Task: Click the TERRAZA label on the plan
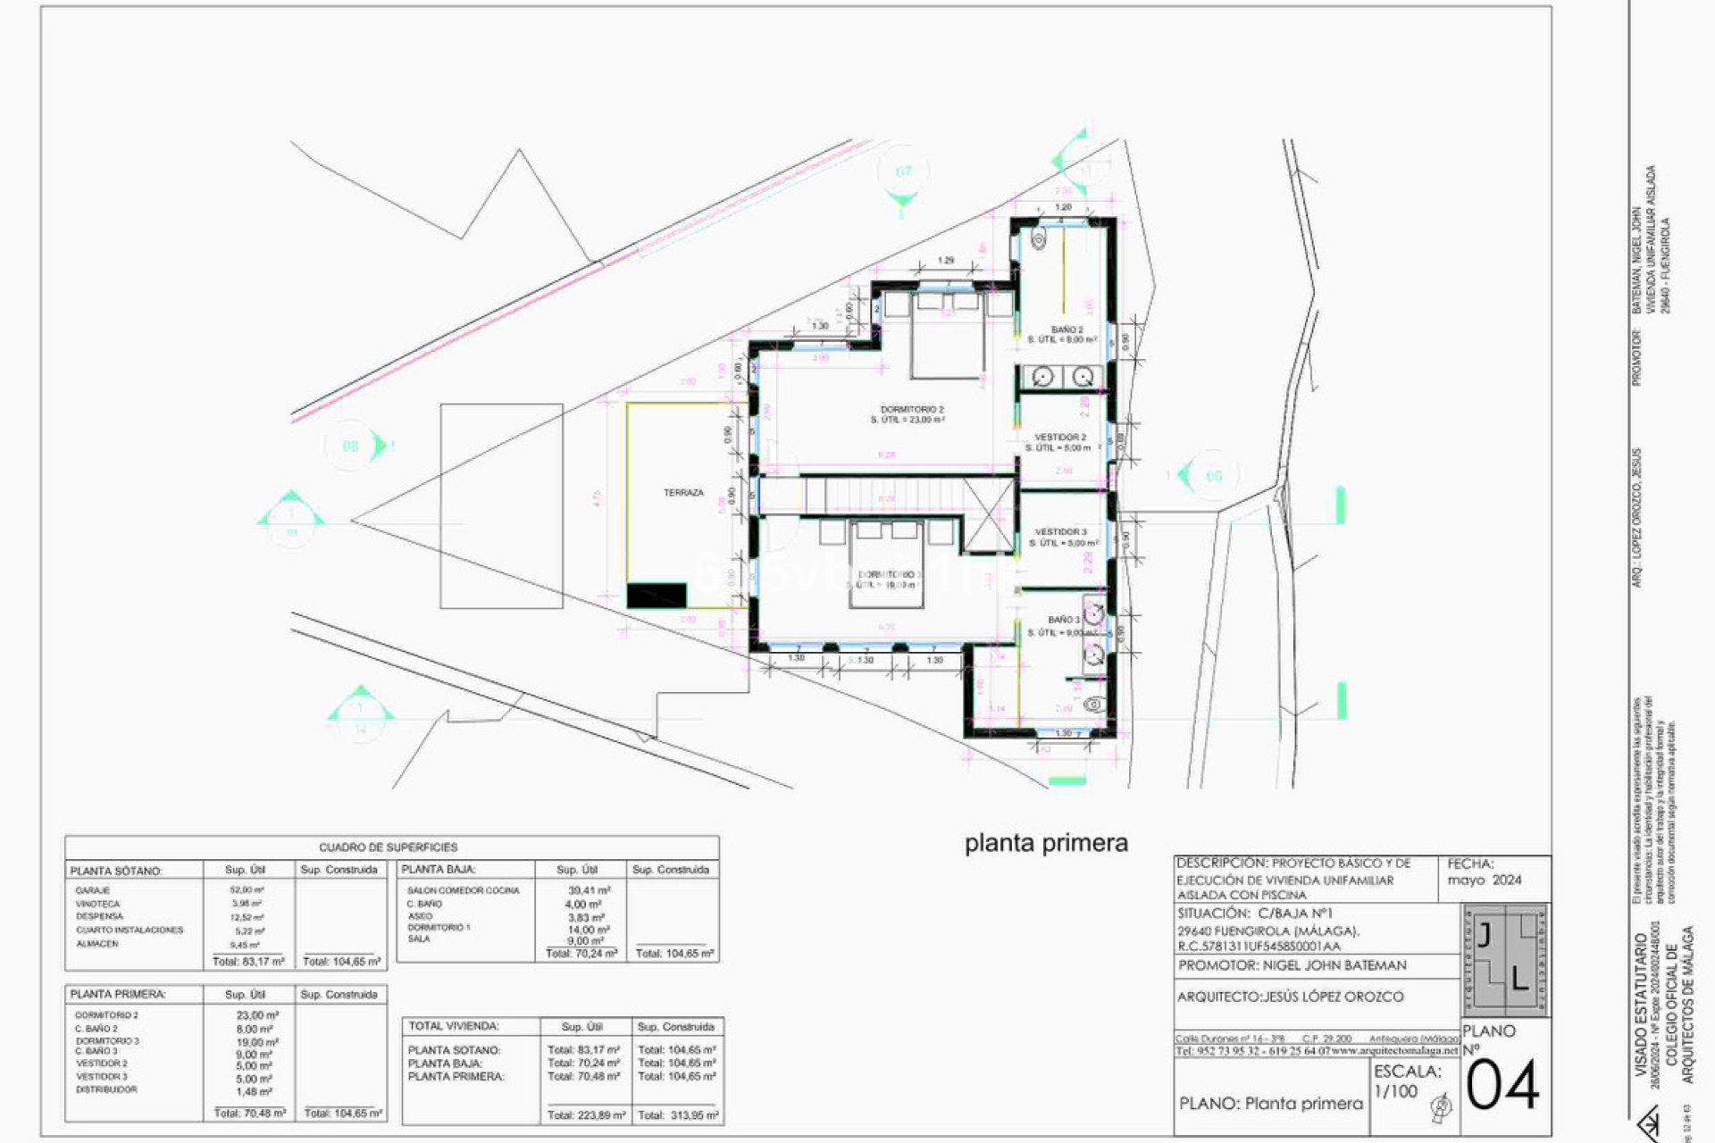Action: click(683, 493)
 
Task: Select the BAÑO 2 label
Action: click(1067, 330)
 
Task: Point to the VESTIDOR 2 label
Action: click(1060, 438)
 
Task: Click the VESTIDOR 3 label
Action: click(1060, 532)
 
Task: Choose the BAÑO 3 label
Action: click(1063, 620)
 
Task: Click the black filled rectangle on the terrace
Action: click(657, 596)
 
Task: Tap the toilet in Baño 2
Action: click(1038, 239)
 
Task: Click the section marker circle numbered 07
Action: click(903, 171)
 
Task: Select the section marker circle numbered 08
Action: click(351, 446)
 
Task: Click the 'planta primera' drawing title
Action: click(1046, 843)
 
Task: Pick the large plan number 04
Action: click(1503, 1086)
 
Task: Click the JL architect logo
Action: click(1505, 960)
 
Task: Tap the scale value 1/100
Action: click(1395, 1091)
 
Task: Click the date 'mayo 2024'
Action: click(1484, 880)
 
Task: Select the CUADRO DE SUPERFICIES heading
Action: click(389, 847)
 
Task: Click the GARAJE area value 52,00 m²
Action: click(247, 890)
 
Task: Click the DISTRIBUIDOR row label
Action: click(106, 1089)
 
